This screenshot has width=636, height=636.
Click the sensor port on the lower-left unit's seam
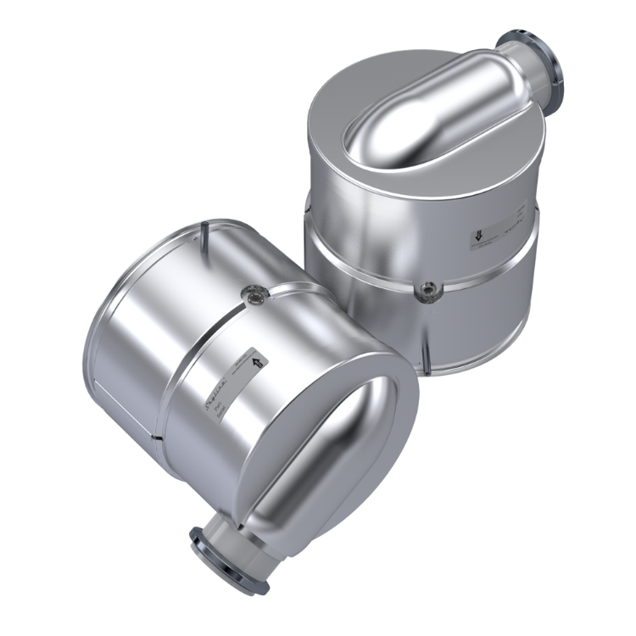253,294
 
